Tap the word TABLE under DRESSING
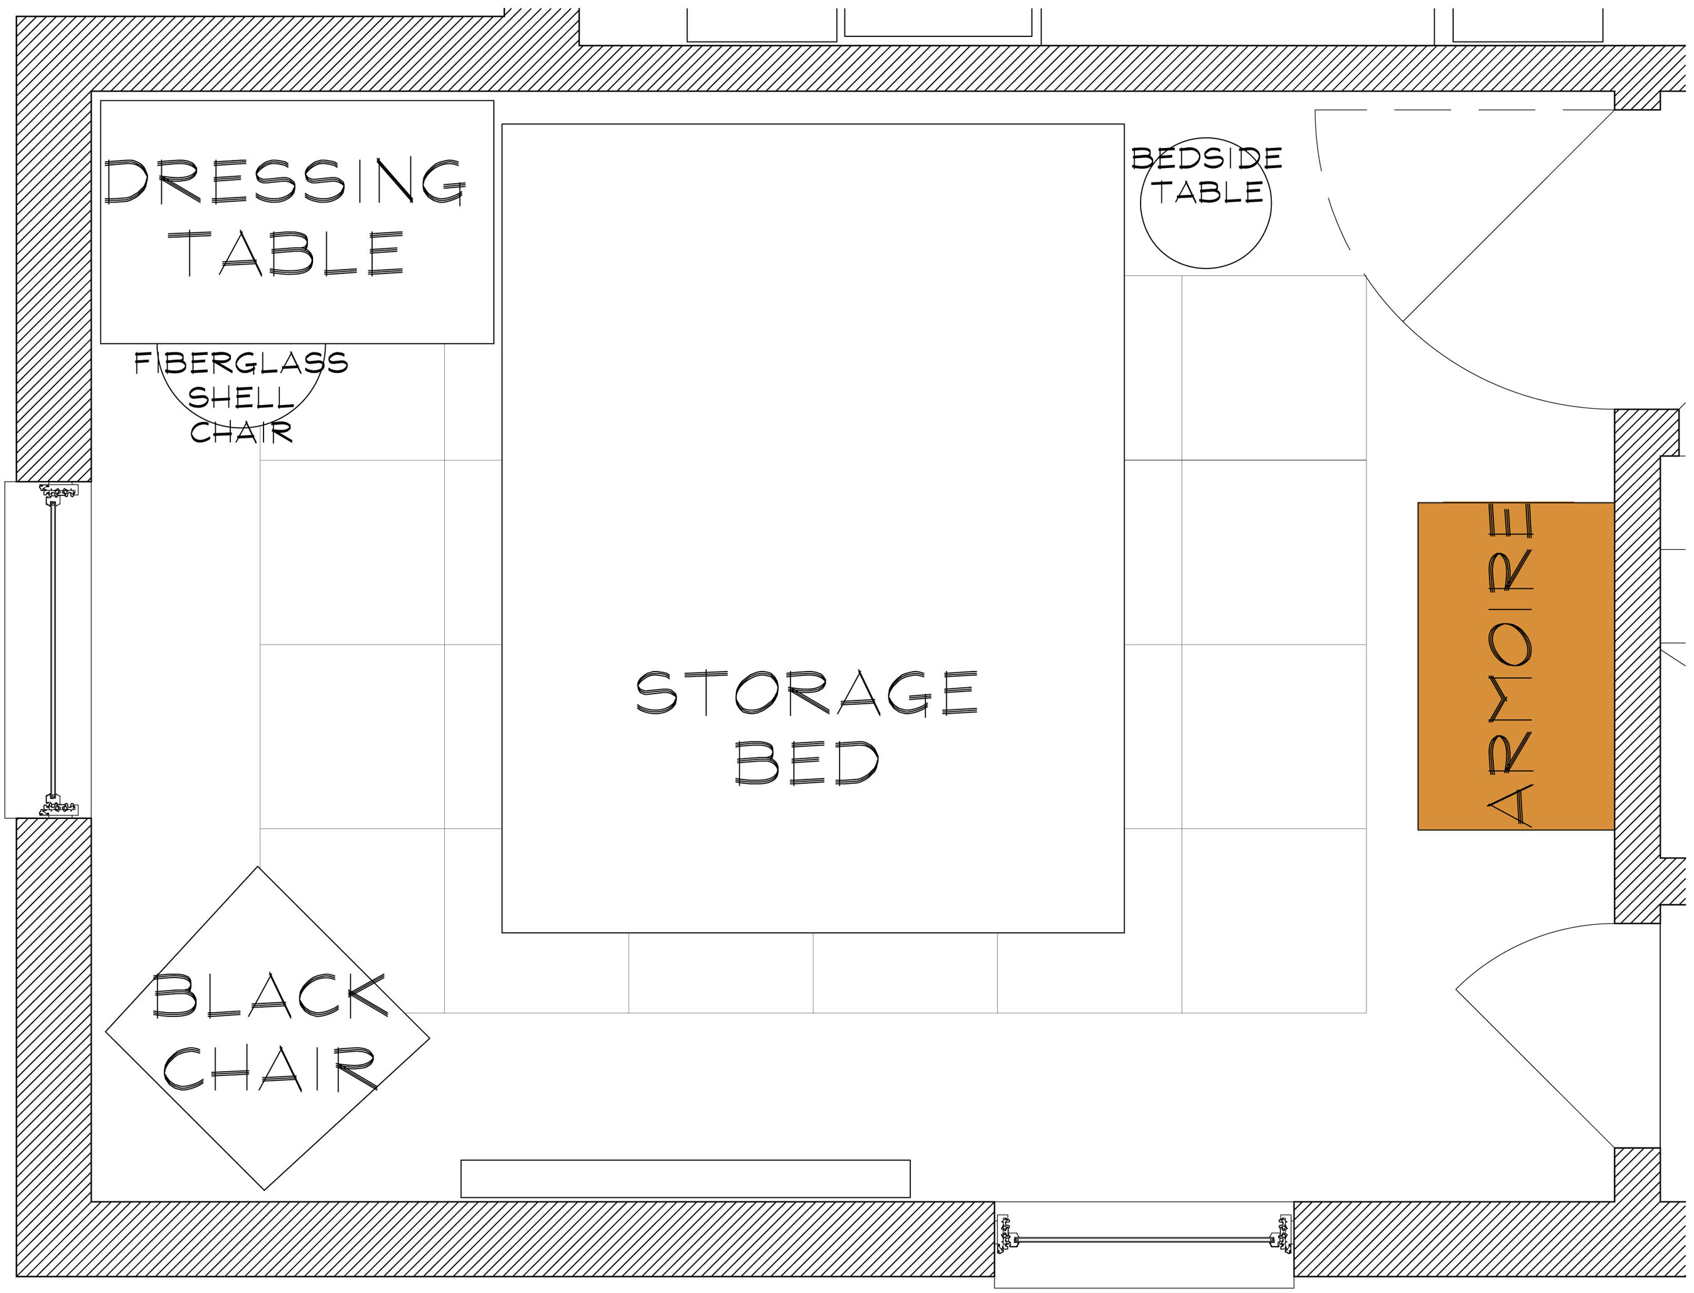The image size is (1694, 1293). [285, 253]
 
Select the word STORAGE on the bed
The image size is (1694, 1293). [807, 693]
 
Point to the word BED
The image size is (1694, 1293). [807, 763]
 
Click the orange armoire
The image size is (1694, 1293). [1516, 666]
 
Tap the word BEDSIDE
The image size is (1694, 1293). [1207, 158]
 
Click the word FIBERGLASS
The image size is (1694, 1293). [241, 362]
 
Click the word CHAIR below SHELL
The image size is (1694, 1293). [241, 432]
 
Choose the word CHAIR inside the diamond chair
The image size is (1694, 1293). [270, 1069]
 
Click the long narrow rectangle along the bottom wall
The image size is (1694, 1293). [685, 1178]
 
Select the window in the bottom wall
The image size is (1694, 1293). [1144, 1239]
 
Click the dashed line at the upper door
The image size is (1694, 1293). [1464, 110]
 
